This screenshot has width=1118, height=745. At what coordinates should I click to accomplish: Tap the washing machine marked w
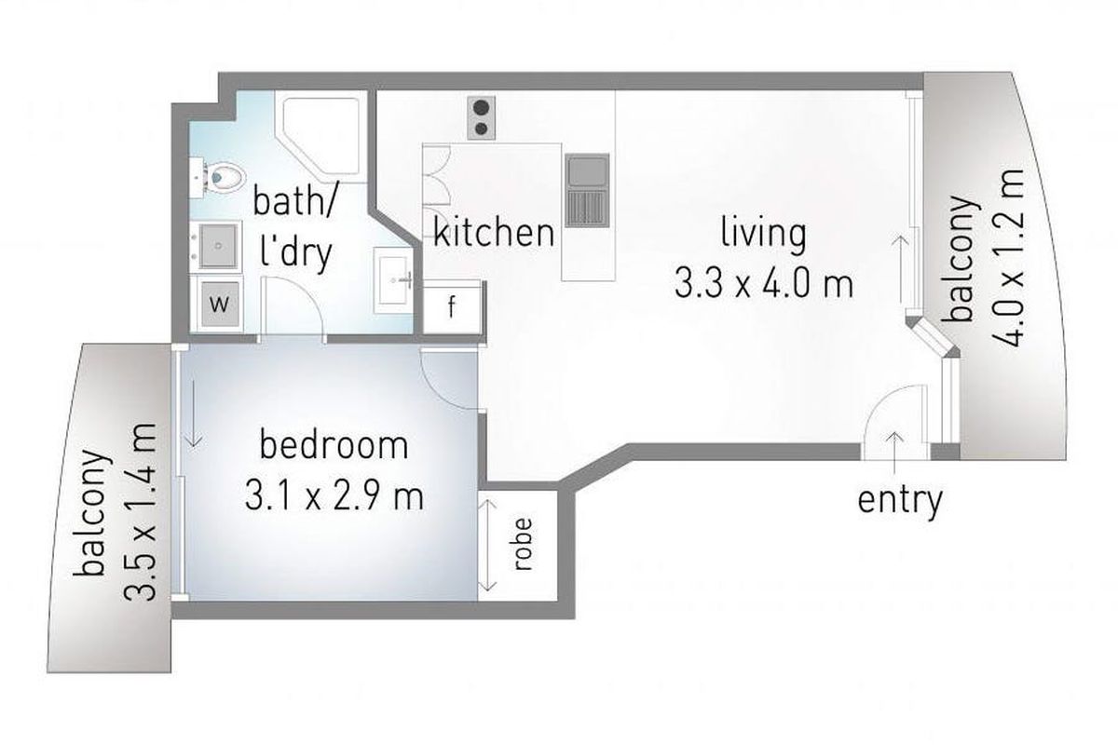pyautogui.click(x=220, y=303)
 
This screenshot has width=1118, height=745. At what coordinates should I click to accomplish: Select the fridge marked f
pyautogui.click(x=452, y=306)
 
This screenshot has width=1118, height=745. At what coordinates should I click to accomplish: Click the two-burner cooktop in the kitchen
pyautogui.click(x=482, y=117)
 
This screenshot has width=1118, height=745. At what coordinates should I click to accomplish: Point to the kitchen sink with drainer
pyautogui.click(x=588, y=191)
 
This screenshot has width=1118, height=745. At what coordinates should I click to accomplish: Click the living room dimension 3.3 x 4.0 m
pyautogui.click(x=764, y=283)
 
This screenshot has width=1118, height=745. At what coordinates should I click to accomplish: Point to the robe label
pyautogui.click(x=523, y=545)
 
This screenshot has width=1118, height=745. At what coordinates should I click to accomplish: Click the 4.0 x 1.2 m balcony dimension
pyautogui.click(x=1008, y=258)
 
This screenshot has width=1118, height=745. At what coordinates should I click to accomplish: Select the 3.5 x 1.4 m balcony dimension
pyautogui.click(x=141, y=512)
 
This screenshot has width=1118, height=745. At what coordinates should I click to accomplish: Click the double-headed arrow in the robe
pyautogui.click(x=487, y=546)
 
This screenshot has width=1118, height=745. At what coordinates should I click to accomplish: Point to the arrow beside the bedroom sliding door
pyautogui.click(x=194, y=413)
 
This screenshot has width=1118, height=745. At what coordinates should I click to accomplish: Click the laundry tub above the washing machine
pyautogui.click(x=218, y=246)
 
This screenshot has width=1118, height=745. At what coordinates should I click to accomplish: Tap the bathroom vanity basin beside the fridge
pyautogui.click(x=393, y=280)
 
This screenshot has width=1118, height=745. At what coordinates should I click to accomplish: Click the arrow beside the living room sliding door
pyautogui.click(x=901, y=269)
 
